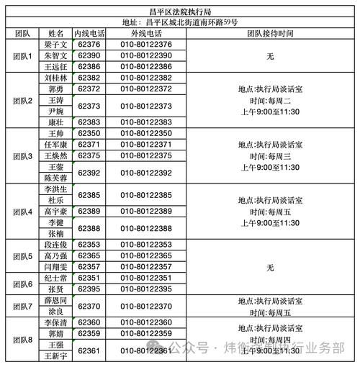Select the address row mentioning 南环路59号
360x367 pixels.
pos(180,23)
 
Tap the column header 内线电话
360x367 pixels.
pos(91,34)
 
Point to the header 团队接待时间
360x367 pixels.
pos(270,34)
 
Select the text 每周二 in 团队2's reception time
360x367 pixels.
pos(279,100)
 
